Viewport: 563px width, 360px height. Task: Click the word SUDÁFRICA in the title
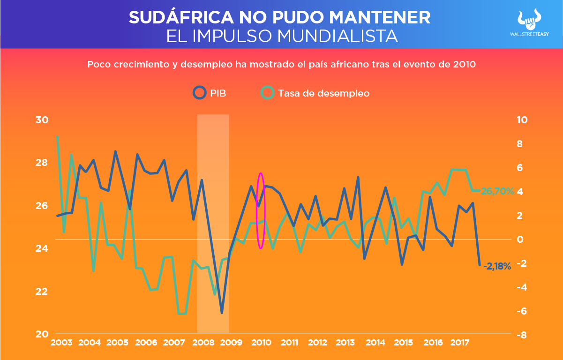(180, 18)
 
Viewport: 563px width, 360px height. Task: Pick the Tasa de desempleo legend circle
(268, 93)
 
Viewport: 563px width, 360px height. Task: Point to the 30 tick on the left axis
(42, 120)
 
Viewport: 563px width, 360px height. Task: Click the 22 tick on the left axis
(42, 291)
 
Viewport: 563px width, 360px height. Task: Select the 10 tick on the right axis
(522, 120)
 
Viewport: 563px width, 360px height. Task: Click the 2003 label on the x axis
(61, 342)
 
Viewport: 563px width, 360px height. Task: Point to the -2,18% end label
(497, 267)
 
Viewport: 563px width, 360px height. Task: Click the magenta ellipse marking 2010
(261, 210)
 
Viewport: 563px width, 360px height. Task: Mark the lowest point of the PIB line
(222, 312)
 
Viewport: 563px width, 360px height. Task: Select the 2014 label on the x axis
(375, 342)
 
